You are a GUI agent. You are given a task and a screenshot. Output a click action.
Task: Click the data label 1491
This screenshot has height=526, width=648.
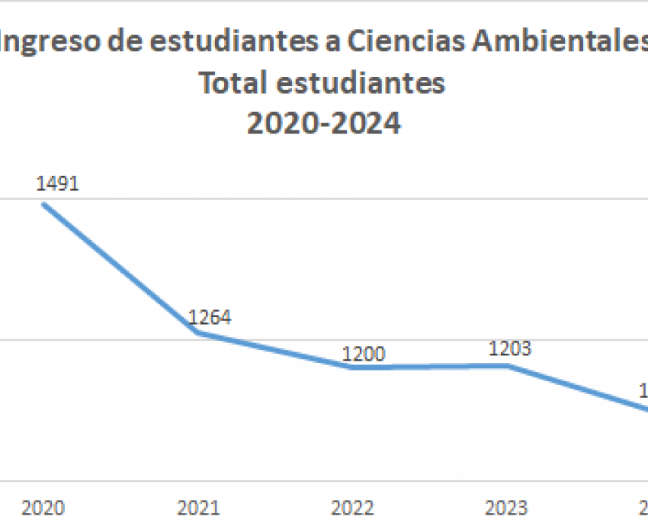[x=58, y=184]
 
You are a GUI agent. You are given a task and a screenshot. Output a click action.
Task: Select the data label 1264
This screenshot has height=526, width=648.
[x=209, y=318]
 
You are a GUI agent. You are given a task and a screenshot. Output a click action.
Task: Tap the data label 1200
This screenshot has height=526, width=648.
[x=364, y=354]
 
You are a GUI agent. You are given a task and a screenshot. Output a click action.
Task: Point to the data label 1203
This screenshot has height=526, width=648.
[x=510, y=349]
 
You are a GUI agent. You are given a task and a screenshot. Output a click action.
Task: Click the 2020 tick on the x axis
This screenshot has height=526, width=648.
[x=43, y=508]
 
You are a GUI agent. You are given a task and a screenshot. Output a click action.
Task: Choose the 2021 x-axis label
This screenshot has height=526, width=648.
[x=197, y=508]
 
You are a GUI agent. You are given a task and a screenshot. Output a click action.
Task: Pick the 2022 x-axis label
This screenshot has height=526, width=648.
[x=353, y=508]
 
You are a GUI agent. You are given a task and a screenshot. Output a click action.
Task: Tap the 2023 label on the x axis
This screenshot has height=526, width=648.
[x=507, y=508]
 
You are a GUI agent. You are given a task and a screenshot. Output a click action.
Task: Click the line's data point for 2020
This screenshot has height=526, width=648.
[x=43, y=204]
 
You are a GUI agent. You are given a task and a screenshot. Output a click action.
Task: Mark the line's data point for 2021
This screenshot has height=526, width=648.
[x=198, y=332]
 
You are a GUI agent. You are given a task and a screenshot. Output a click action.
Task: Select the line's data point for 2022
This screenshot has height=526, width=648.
[x=353, y=367]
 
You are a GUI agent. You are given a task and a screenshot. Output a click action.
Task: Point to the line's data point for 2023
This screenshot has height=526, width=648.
[x=507, y=366]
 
